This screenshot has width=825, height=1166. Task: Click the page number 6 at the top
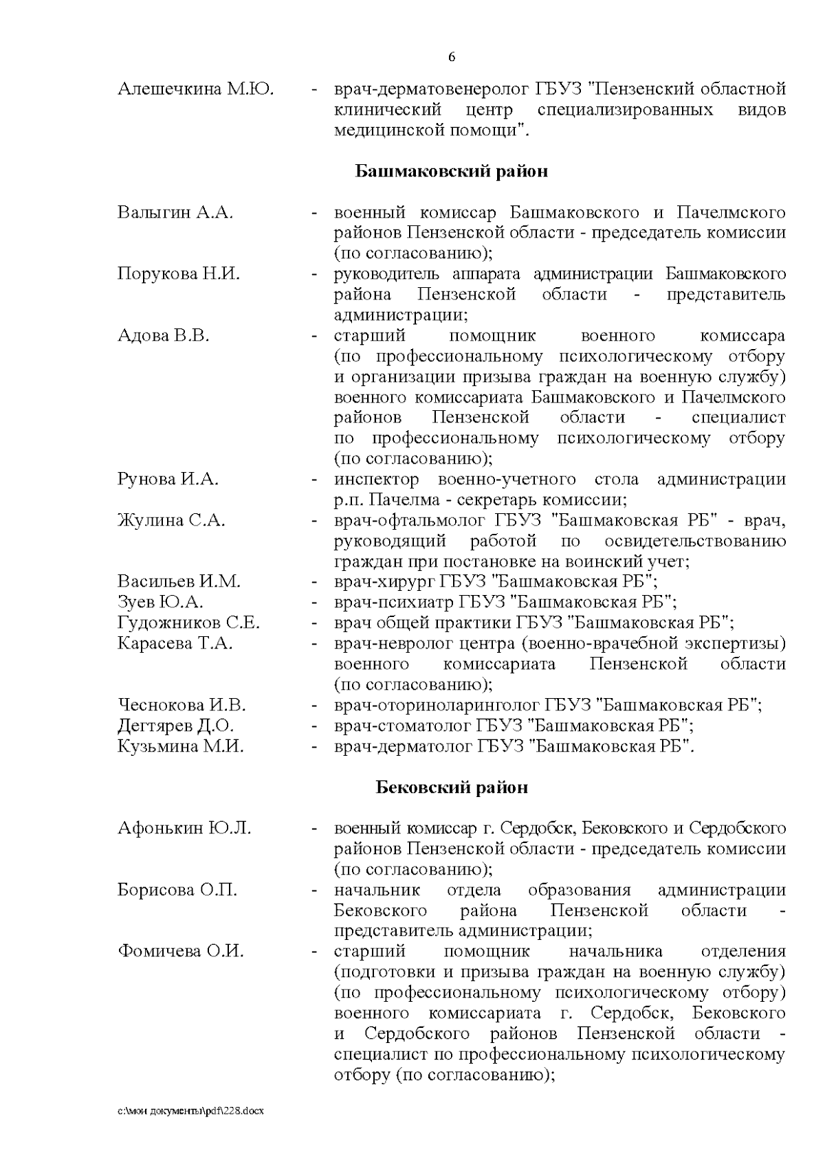point(452,57)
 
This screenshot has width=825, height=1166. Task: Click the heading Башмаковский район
point(451,171)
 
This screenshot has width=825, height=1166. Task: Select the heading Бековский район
point(451,787)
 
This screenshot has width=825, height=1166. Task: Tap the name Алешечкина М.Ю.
point(196,89)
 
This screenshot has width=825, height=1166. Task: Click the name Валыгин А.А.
point(175,212)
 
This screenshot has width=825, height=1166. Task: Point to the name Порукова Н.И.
point(179,274)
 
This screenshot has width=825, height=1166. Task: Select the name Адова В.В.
point(163,336)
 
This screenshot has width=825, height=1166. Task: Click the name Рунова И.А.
point(168,480)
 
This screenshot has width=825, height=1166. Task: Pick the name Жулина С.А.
point(171,520)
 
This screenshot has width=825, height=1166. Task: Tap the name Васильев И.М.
point(179,582)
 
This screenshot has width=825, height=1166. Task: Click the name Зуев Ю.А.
point(160,603)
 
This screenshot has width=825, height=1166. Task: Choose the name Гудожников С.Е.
point(188,623)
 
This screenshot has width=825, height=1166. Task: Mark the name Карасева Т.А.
point(175,644)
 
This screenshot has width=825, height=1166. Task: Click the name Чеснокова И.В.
point(181,705)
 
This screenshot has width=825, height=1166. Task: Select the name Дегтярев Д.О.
point(176,726)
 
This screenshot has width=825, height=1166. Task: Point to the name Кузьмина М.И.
point(181,746)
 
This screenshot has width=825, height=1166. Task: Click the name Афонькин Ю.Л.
point(184,829)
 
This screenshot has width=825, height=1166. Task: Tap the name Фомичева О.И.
point(180,952)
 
